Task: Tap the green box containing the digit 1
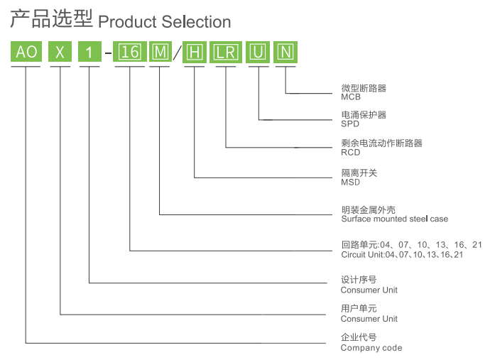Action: (x=89, y=53)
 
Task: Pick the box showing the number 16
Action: (x=130, y=53)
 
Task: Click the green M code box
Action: (x=160, y=53)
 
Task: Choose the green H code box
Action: (x=195, y=53)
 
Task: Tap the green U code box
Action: (x=258, y=53)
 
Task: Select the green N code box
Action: (x=285, y=53)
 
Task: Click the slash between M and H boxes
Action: (x=178, y=53)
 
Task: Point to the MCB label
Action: (x=351, y=97)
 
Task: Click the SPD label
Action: (x=350, y=124)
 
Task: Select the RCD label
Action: (x=351, y=152)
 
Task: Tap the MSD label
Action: (x=351, y=182)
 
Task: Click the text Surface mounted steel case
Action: (x=395, y=219)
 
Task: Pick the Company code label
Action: (x=371, y=348)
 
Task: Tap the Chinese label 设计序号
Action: (x=359, y=280)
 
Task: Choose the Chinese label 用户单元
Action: (x=359, y=309)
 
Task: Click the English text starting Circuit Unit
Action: (x=402, y=254)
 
